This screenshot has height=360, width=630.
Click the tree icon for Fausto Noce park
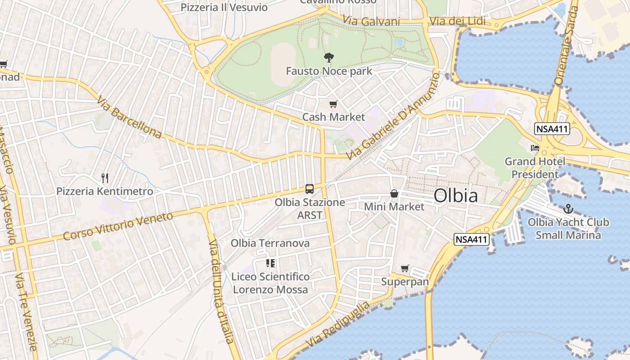pyautogui.click(x=329, y=58)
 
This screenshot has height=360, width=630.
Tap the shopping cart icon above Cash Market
pyautogui.click(x=333, y=104)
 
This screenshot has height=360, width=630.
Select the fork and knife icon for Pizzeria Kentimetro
pyautogui.click(x=105, y=178)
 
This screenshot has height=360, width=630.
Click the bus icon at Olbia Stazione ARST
pyautogui.click(x=309, y=189)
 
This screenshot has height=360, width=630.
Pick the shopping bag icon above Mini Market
pyautogui.click(x=394, y=193)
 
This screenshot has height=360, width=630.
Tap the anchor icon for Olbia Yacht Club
pyautogui.click(x=568, y=209)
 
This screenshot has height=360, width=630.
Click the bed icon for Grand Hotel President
pyautogui.click(x=535, y=148)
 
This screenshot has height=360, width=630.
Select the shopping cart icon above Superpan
pyautogui.click(x=405, y=269)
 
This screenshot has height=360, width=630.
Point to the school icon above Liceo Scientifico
pyautogui.click(x=270, y=263)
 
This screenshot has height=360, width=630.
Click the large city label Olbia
pyautogui.click(x=456, y=196)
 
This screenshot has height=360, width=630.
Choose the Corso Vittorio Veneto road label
pyautogui.click(x=118, y=226)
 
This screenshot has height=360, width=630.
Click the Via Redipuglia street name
pyautogui.click(x=337, y=324)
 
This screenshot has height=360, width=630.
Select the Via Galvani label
pyautogui.click(x=371, y=21)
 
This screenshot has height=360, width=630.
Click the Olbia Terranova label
pyautogui.click(x=270, y=243)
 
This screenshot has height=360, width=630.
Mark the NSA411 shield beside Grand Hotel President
pyautogui.click(x=552, y=130)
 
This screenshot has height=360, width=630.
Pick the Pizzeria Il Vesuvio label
pyautogui.click(x=224, y=7)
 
